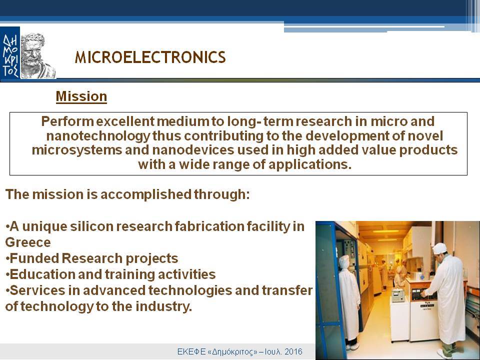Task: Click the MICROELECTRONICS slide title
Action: pos(150,57)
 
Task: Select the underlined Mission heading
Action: pos(81,96)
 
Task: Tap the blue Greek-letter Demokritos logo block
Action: pos(10,54)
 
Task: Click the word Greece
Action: pos(28,242)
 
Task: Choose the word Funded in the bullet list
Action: pos(34,258)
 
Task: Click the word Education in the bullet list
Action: pos(42,274)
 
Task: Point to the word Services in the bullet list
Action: pos(37,290)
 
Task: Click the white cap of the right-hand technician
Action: pos(440,248)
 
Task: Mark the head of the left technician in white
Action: pos(344,262)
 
